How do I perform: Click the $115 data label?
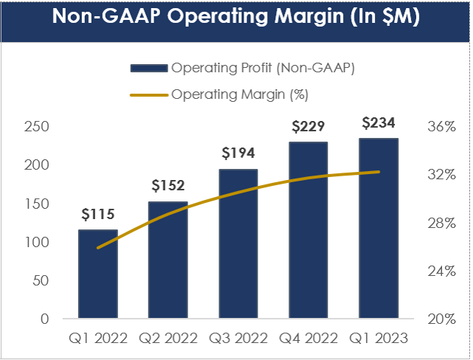[x=98, y=215]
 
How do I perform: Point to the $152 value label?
[x=168, y=185]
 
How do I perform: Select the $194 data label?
[x=238, y=153]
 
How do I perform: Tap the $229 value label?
[x=308, y=126]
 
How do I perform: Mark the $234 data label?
[x=379, y=122]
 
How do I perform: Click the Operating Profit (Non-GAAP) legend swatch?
[x=149, y=69]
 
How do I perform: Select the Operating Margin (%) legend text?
[x=239, y=94]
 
